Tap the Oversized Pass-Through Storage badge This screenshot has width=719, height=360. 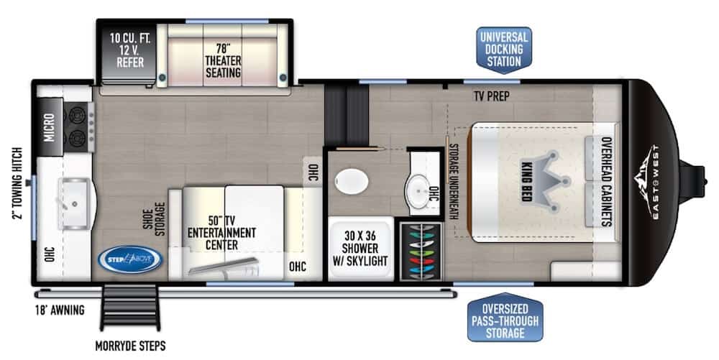[505, 318]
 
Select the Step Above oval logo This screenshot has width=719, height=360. [130, 259]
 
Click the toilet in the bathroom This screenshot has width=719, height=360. [352, 181]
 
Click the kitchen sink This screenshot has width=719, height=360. [75, 203]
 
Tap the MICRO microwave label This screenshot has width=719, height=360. [49, 127]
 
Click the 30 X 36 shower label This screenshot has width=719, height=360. [360, 248]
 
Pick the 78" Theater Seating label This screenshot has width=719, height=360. [223, 61]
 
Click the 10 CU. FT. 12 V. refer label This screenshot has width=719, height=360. [130, 50]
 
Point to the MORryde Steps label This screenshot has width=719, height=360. [130, 346]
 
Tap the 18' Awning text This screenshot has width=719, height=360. [60, 310]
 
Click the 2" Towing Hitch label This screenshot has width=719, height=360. [17, 183]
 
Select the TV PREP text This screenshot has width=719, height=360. [492, 96]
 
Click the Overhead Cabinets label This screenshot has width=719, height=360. [606, 182]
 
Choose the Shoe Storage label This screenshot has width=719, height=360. [154, 219]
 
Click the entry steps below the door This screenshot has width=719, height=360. [130, 307]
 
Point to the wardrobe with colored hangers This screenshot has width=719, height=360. [421, 251]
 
